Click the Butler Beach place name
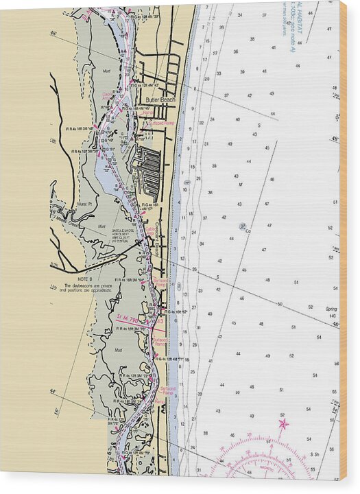pyautogui.click(x=160, y=99)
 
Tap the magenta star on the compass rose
pyautogui.click(x=283, y=424)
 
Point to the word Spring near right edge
pyautogui.click(x=331, y=308)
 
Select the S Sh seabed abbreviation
pyautogui.click(x=314, y=454)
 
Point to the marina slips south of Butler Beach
pyautogui.click(x=148, y=169)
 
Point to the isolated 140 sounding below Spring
pyautogui.click(x=333, y=315)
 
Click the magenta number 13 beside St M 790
pyautogui.click(x=160, y=320)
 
